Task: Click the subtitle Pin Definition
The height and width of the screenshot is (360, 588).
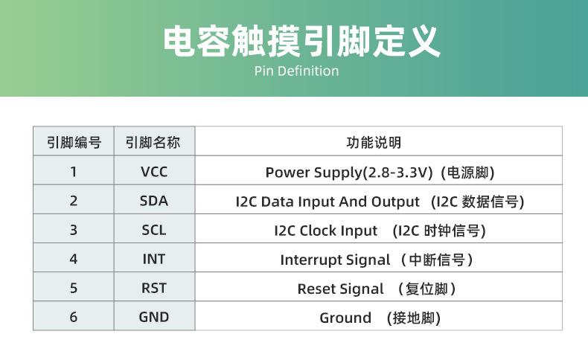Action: point(296,71)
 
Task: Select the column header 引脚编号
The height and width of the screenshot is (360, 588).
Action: point(74,142)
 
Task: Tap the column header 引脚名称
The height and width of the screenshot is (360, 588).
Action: point(153,142)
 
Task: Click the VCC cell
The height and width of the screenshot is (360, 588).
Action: point(154,172)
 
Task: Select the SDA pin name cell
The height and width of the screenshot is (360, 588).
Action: point(154,201)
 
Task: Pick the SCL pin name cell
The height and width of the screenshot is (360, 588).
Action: point(154,230)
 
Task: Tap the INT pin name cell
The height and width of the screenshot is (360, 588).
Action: point(154,259)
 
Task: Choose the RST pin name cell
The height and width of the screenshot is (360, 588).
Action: point(154,288)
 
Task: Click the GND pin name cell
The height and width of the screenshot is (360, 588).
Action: point(154,317)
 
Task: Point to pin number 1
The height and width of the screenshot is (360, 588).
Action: point(74,172)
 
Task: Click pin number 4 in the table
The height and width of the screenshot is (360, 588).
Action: point(74,259)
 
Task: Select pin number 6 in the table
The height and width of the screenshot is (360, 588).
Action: point(74,317)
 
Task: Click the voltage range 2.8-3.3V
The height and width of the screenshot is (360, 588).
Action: point(399,173)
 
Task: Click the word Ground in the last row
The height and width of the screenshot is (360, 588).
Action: point(345,318)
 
